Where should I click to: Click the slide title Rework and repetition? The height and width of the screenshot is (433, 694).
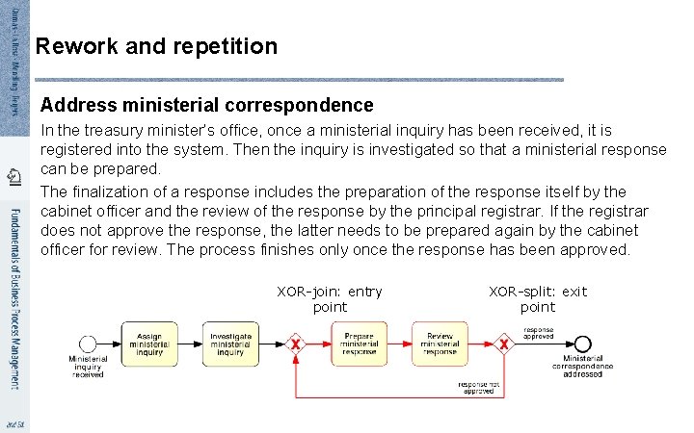click(156, 46)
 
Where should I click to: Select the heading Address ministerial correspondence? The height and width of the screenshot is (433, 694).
click(207, 104)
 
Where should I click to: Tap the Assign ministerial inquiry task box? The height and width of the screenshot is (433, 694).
click(149, 344)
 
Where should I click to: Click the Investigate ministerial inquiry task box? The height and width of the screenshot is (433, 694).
click(231, 344)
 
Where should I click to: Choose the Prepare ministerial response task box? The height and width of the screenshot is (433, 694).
click(360, 344)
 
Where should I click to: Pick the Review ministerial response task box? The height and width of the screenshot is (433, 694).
click(440, 344)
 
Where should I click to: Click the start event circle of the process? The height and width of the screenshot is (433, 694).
click(88, 344)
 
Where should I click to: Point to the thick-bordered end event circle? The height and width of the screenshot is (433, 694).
click(581, 344)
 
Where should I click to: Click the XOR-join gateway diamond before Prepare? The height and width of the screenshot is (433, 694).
click(296, 344)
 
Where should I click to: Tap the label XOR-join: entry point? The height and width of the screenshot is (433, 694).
click(329, 299)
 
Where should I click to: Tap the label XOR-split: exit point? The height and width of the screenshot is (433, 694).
click(538, 299)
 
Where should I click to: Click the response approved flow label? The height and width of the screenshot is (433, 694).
click(538, 332)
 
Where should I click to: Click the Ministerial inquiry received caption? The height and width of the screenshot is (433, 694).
click(88, 367)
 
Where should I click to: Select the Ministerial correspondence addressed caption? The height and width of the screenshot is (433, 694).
click(582, 369)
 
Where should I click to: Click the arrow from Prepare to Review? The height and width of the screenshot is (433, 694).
click(400, 344)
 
